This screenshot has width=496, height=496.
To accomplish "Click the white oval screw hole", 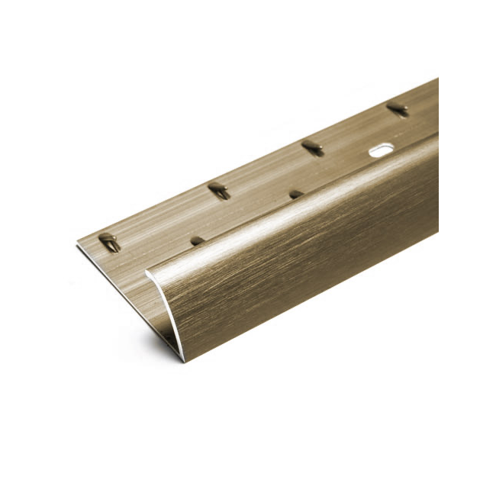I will tap(381, 150).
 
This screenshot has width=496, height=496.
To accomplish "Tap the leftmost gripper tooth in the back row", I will tap(109, 243).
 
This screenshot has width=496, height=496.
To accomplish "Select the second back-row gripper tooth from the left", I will tap(220, 190).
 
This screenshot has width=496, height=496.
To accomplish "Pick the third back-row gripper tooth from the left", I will tap(312, 147).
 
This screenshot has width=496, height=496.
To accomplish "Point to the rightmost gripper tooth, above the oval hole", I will tap(398, 109).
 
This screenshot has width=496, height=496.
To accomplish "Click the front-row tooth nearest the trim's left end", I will tap(198, 240).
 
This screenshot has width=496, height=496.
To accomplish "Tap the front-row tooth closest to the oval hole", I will tap(296, 194).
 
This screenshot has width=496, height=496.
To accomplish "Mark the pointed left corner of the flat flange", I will tap(78, 245).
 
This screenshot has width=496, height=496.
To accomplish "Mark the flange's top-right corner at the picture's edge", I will tap(437, 79).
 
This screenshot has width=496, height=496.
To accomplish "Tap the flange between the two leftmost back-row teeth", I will tap(164, 217).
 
